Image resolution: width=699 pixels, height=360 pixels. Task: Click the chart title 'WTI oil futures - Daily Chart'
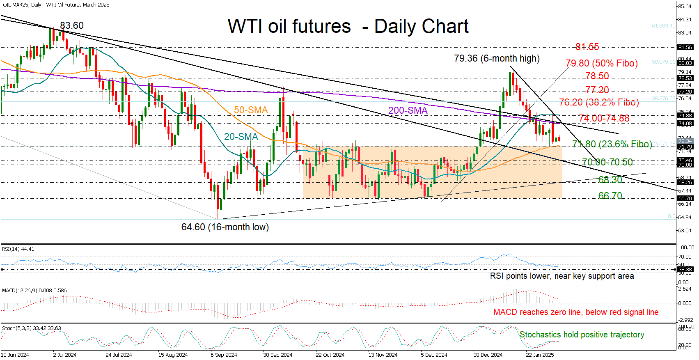[x=348, y=26]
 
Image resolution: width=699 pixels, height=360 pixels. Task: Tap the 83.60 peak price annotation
[x=72, y=25]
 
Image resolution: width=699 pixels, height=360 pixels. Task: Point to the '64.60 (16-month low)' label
[x=225, y=227]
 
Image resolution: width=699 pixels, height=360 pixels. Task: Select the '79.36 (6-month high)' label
[x=497, y=58]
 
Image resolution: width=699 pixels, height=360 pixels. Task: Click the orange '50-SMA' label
[x=251, y=110]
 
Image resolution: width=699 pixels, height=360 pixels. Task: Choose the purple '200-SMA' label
[x=408, y=110]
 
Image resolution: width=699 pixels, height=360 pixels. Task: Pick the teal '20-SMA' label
[x=241, y=137]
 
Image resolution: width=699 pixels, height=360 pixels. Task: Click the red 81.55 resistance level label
[x=587, y=47]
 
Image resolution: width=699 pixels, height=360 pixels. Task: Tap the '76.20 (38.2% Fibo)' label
[x=599, y=102]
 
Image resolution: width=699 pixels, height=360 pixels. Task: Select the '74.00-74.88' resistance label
[x=604, y=118]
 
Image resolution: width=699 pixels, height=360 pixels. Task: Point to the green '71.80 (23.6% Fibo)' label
[x=612, y=144]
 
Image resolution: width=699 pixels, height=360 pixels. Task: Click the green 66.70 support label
[x=610, y=196]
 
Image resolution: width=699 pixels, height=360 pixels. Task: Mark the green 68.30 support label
[x=610, y=180]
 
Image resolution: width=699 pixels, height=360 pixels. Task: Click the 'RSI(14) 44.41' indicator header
[x=18, y=249]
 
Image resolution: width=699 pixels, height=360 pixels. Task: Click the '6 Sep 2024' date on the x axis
[x=224, y=355]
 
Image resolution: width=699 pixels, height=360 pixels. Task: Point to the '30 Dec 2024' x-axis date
[x=488, y=355]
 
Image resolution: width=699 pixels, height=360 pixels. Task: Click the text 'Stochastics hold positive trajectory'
[x=582, y=335]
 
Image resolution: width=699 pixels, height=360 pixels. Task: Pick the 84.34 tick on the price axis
[x=685, y=20]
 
